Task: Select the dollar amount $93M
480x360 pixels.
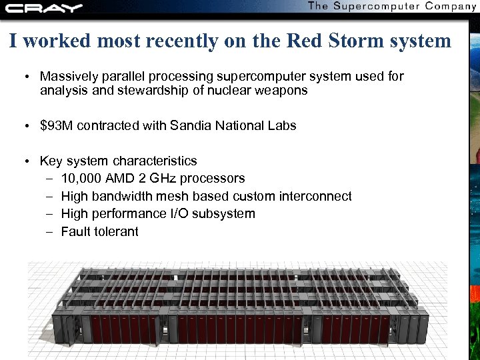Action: pos(57,125)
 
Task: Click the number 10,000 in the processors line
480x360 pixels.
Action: pos(81,179)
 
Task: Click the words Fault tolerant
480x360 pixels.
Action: pos(99,232)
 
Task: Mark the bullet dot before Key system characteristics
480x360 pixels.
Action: pos(25,161)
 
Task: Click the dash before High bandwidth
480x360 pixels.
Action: pos(51,197)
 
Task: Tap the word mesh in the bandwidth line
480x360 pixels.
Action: pos(171,197)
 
